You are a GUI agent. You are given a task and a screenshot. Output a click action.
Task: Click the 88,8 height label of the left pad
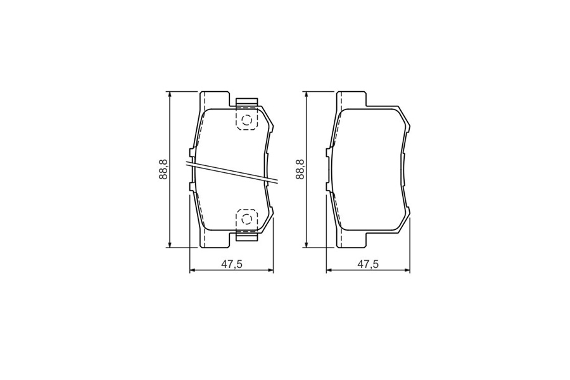click(x=163, y=170)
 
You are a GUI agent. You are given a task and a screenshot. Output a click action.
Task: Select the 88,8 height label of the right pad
click(x=300, y=170)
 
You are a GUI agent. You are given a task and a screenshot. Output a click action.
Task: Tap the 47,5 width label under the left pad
click(x=232, y=264)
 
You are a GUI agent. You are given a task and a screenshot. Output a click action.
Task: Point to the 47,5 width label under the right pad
click(x=368, y=264)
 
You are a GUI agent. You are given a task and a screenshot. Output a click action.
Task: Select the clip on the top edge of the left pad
click(x=247, y=103)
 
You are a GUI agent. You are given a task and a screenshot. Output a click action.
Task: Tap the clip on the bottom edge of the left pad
click(x=247, y=236)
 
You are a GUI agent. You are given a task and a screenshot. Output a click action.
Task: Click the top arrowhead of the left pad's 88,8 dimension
click(x=169, y=95)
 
